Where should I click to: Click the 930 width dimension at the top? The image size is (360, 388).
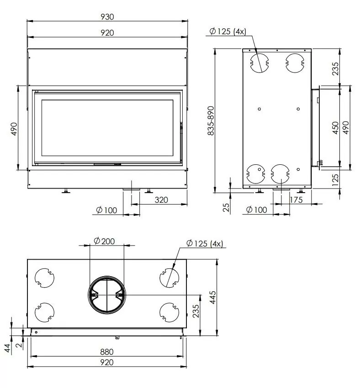107,16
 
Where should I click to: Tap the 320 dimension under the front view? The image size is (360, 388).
161,199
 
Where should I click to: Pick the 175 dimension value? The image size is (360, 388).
296,199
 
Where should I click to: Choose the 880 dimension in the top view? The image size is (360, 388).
107,352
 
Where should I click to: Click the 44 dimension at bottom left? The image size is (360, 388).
8,349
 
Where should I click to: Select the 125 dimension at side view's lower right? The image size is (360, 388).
335,179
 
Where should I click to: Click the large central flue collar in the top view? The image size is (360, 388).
106,295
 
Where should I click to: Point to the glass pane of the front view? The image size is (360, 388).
107,129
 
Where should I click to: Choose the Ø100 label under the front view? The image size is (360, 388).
106,210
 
